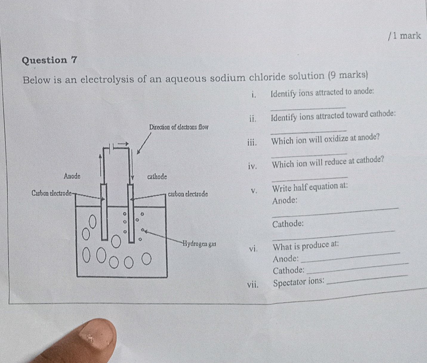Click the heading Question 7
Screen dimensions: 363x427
click(49, 60)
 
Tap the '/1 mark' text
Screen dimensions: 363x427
click(404, 36)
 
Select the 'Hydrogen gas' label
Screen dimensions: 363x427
click(199, 244)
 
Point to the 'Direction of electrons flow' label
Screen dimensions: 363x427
click(178, 127)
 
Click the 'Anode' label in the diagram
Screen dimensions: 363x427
click(72, 176)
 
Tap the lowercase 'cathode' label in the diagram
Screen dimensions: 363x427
click(157, 177)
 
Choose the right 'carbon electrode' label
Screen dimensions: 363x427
click(188, 194)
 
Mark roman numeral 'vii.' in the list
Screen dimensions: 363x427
click(253, 285)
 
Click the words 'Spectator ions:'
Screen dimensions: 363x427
click(299, 282)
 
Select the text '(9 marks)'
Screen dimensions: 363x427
click(348, 75)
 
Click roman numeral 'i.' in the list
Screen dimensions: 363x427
click(254, 95)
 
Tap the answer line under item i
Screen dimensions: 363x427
click(308, 108)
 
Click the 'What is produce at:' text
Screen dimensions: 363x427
click(306, 246)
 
